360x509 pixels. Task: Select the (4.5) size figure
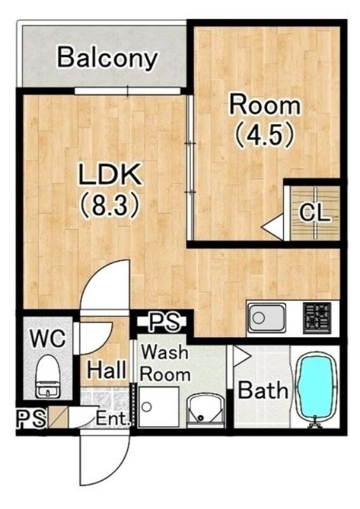click(264, 134)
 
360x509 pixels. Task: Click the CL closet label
click(315, 213)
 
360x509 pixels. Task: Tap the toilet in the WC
click(48, 377)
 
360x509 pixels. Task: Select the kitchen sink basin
click(267, 317)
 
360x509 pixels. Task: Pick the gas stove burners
click(317, 317)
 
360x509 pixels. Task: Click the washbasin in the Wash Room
click(206, 410)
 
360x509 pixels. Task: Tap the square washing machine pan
click(158, 407)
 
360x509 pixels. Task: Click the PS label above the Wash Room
click(165, 322)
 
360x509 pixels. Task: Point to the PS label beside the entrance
click(31, 419)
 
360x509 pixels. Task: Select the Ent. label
click(113, 419)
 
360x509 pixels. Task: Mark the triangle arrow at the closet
click(273, 227)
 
